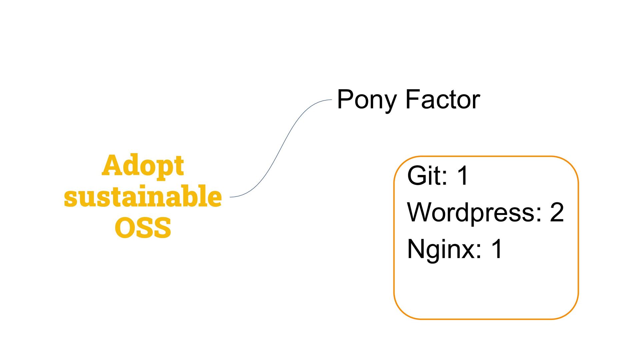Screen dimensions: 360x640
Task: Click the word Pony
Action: [367, 100]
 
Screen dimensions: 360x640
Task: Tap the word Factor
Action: [442, 100]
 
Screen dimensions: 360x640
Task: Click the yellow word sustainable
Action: [143, 196]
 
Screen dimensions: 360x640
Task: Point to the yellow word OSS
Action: [143, 228]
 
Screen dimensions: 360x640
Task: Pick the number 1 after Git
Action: [463, 176]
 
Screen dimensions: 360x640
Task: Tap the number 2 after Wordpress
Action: [557, 212]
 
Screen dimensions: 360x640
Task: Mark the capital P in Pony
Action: [345, 99]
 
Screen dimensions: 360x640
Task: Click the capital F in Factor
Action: [412, 99]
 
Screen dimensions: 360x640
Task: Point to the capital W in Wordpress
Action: [419, 212]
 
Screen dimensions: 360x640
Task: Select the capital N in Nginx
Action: [415, 248]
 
